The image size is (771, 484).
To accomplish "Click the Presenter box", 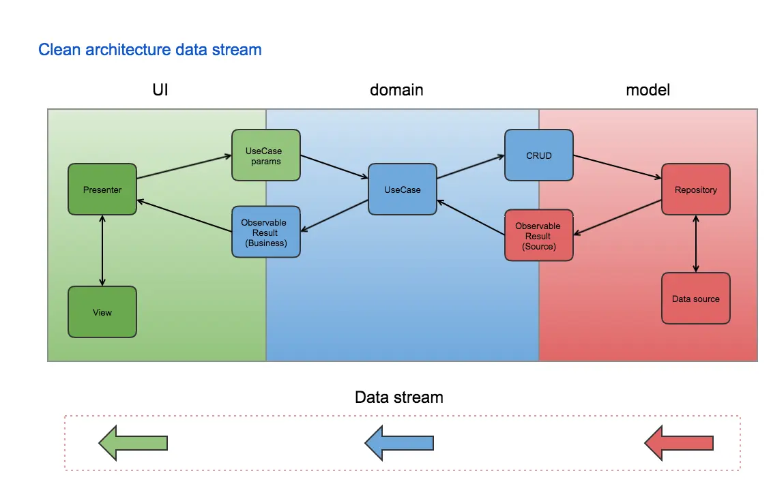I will click(x=102, y=190).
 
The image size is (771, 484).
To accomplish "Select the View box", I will click(x=102, y=312).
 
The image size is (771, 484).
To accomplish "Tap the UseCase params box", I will click(x=266, y=155).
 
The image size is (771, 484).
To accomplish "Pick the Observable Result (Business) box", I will click(x=266, y=232).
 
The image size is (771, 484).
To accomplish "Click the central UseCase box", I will click(x=403, y=190).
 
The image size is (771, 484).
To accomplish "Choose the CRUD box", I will click(x=539, y=155).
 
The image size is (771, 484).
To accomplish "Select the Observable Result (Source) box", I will click(x=539, y=235).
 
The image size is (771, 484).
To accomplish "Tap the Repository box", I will click(x=696, y=190).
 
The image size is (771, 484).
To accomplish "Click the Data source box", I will click(x=696, y=299).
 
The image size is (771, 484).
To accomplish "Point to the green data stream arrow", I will click(x=133, y=443).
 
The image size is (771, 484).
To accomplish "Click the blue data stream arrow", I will click(x=399, y=443).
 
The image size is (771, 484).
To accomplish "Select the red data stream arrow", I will click(x=679, y=443).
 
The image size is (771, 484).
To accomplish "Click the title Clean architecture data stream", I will click(x=150, y=50).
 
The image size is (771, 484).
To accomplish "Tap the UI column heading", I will click(x=160, y=90).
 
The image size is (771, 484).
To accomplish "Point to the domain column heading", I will click(x=396, y=90).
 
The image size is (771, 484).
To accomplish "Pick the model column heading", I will click(x=648, y=90).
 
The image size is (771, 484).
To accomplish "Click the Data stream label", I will click(x=399, y=397).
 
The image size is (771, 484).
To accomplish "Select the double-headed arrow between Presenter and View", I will click(x=102, y=250).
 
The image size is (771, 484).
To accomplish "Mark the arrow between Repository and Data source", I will click(x=696, y=243).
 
